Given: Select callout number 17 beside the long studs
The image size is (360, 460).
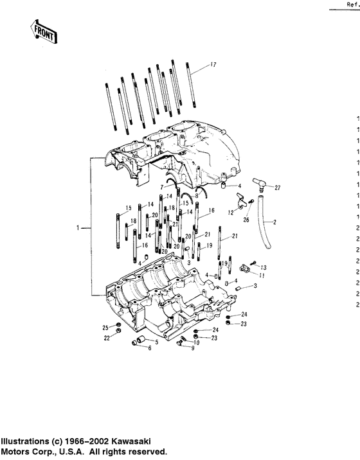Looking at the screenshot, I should point(213,65).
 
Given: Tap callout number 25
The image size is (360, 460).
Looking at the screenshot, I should point(105,328).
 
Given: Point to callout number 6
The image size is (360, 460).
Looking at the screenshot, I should point(149,348).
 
